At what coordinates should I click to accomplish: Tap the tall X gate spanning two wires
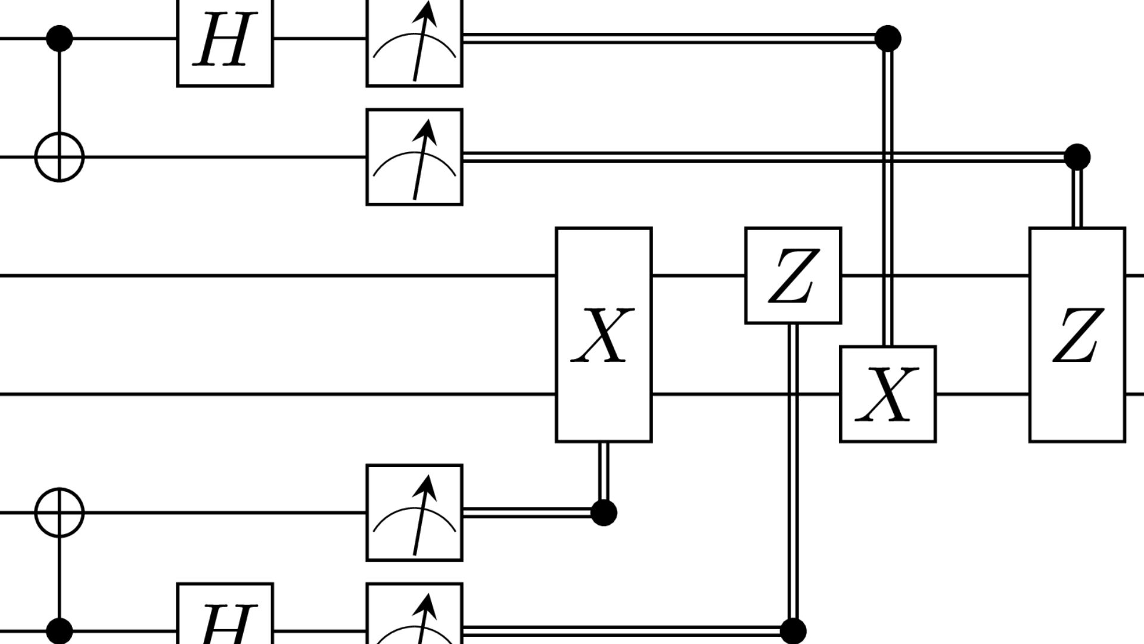coord(604,335)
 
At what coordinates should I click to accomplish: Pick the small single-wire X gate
coord(888,394)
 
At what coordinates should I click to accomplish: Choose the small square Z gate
coord(793,275)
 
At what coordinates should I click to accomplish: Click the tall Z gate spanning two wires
coord(1077,335)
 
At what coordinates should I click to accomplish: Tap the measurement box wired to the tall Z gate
coord(414,157)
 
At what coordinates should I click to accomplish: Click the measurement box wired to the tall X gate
coord(414,512)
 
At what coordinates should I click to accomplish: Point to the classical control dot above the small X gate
coord(888,39)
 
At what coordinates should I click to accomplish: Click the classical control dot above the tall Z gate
coord(1077,157)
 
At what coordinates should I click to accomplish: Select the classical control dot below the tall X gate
coord(604,512)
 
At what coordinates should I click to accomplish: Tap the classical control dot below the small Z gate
coord(793,631)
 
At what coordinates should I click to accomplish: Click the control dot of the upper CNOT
coord(60,39)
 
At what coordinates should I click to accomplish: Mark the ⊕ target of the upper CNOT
coord(60,157)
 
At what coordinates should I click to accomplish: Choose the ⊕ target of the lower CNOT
coord(60,512)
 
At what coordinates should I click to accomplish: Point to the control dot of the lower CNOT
coord(60,631)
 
